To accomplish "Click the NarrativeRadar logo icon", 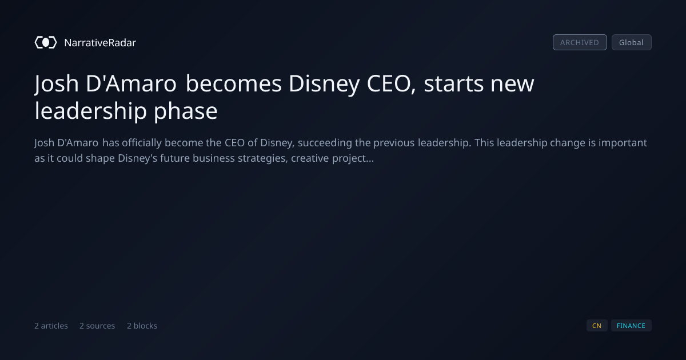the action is pyautogui.click(x=46, y=42).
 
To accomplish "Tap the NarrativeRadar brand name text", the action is pyautogui.click(x=100, y=42).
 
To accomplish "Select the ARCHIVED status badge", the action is pyautogui.click(x=580, y=42).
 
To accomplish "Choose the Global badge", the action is pyautogui.click(x=632, y=42).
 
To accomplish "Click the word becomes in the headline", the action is pyautogui.click(x=234, y=83).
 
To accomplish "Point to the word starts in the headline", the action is pyautogui.click(x=453, y=84).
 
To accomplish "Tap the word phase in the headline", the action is pyautogui.click(x=186, y=111).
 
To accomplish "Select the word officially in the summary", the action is pyautogui.click(x=142, y=143).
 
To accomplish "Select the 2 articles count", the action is pyautogui.click(x=51, y=326).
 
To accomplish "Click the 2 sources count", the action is pyautogui.click(x=97, y=326).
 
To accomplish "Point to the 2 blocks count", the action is pyautogui.click(x=142, y=326).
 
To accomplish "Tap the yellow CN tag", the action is pyautogui.click(x=597, y=326).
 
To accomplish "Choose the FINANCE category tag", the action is pyautogui.click(x=631, y=326).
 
